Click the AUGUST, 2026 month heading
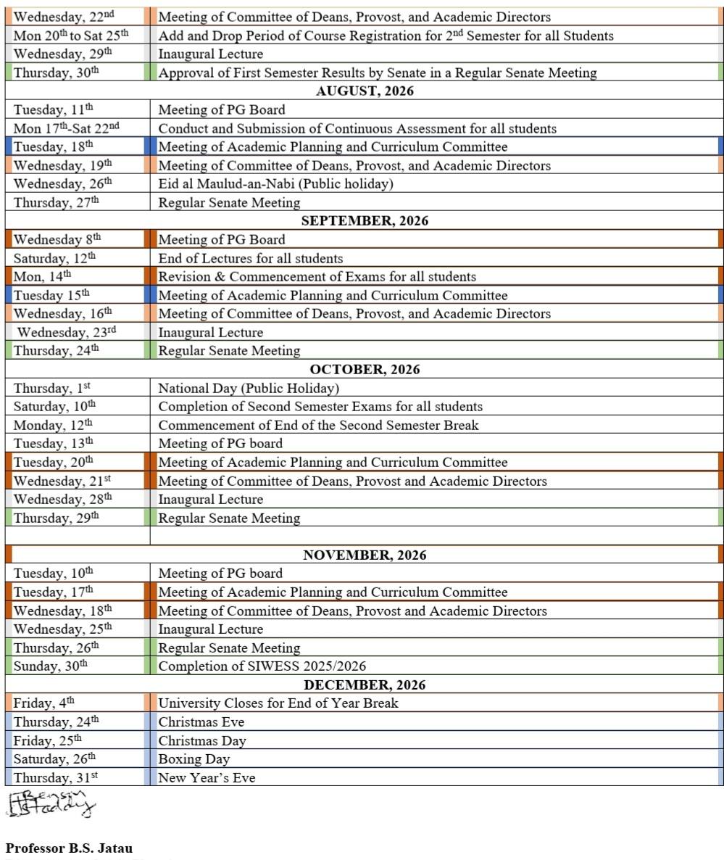click(x=365, y=91)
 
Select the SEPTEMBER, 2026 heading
click(x=365, y=221)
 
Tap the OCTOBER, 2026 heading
click(x=365, y=370)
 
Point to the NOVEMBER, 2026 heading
click(x=365, y=555)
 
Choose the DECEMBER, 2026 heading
click(x=365, y=685)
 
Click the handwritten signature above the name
click(x=51, y=804)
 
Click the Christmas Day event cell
click(x=202, y=741)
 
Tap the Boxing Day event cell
click(x=194, y=759)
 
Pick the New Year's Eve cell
click(x=207, y=778)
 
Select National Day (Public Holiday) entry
click(x=249, y=389)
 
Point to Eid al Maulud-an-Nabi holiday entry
click(x=275, y=184)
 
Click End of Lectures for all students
click(x=251, y=259)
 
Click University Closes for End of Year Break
click(x=278, y=703)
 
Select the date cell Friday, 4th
click(x=44, y=703)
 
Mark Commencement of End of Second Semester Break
click(x=318, y=426)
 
